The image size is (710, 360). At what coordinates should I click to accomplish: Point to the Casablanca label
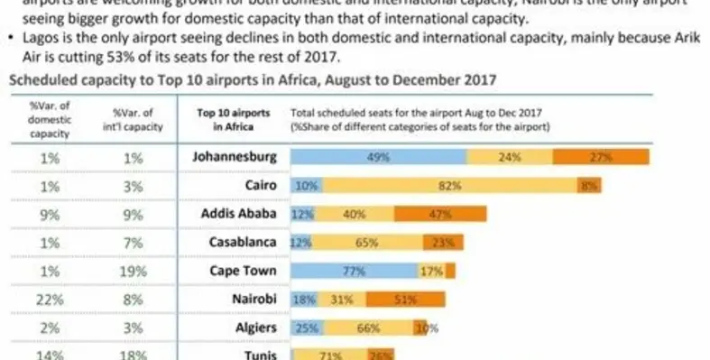tap(239, 242)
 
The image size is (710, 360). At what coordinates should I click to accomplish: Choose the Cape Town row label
tap(242, 271)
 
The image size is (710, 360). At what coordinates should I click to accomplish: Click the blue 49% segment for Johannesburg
tap(378, 157)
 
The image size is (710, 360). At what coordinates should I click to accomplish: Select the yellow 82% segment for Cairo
tap(449, 186)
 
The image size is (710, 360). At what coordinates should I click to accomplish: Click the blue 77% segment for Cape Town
tap(354, 272)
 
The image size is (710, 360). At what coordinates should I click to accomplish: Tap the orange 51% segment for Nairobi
tap(405, 300)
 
